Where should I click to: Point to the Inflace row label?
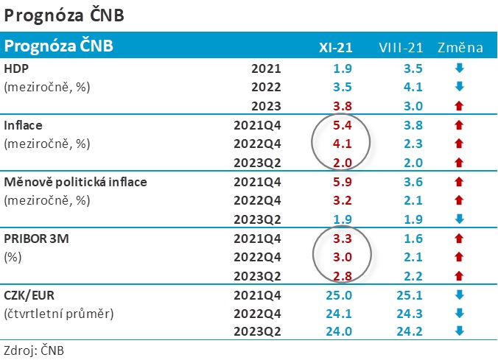[23, 125]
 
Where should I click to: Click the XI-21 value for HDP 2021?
[343, 69]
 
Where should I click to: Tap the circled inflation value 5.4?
[343, 125]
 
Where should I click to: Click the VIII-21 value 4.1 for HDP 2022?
[413, 88]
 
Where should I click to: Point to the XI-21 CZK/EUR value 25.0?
[340, 295]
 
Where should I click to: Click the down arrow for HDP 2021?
[460, 69]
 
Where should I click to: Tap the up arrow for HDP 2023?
[460, 106]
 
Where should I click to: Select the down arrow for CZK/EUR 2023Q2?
[460, 331]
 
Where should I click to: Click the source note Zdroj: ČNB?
[34, 350]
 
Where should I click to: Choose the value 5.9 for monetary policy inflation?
[343, 182]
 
